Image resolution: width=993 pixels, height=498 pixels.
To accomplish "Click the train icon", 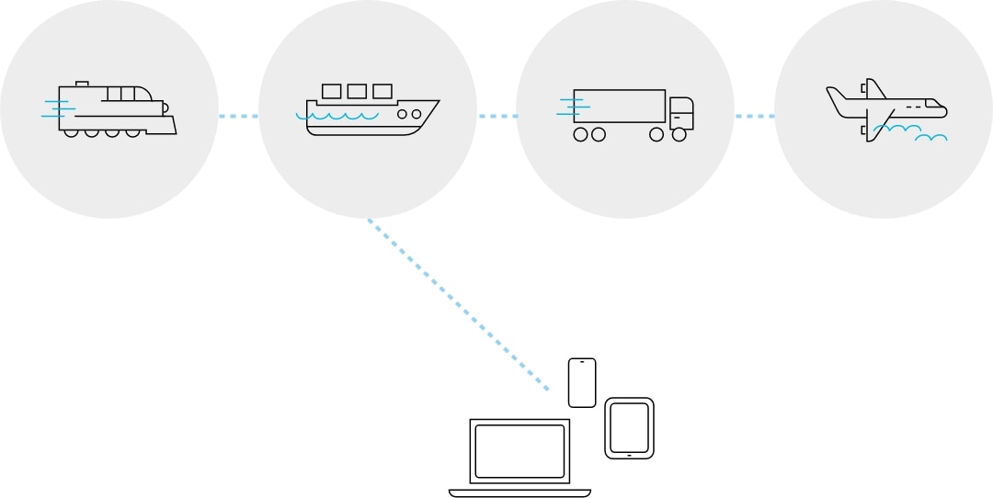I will [115, 108].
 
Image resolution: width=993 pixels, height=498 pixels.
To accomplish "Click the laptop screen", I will [519, 450].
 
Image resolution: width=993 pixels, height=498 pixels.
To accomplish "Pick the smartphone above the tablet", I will [582, 382].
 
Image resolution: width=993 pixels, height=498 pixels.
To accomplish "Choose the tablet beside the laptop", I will [629, 428].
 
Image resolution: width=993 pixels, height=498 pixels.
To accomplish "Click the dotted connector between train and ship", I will [238, 116].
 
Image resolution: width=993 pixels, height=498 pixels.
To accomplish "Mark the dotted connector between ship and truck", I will [496, 116].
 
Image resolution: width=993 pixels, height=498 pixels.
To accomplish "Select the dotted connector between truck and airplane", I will [754, 116].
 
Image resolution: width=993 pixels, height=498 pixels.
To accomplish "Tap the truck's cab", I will [680, 113].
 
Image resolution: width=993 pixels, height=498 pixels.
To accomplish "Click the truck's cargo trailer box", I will [619, 107].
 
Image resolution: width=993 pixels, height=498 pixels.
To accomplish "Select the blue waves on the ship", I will [340, 117].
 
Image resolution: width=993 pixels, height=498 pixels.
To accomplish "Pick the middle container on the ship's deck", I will [357, 91].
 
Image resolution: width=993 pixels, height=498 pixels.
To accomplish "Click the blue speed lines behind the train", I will [57, 108].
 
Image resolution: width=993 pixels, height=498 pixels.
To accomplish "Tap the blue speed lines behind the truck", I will [568, 106].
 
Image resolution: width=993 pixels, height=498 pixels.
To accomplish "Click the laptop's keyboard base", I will [519, 492].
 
